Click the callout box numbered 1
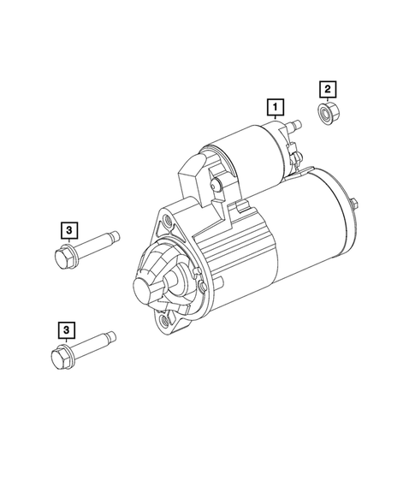(275, 108)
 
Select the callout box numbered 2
(326, 87)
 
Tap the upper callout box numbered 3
(68, 228)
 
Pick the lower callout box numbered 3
(65, 329)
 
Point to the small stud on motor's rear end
(353, 203)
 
